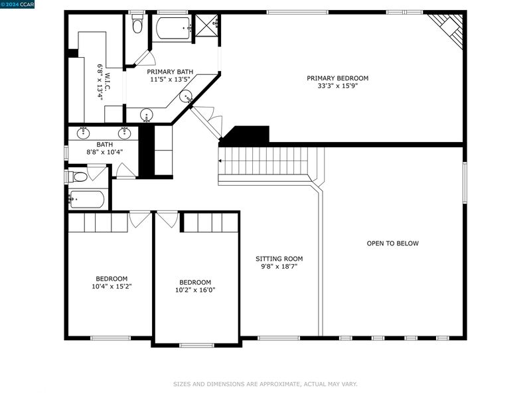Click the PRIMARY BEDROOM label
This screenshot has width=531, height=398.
coord(337,78)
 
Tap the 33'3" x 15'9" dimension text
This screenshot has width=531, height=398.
coord(337,86)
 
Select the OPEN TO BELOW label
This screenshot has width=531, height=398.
coord(392,243)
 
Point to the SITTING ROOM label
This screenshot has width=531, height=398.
coord(279,259)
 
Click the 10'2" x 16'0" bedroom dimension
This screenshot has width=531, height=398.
coord(195,290)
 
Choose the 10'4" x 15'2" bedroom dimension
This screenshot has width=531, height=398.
coord(112,287)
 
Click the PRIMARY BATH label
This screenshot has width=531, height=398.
coord(170,72)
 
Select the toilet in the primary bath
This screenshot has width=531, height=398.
coord(137,23)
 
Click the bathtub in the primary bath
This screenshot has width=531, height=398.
coord(173,28)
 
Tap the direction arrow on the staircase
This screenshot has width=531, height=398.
coord(220,161)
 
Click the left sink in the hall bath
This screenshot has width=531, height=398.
coord(83,133)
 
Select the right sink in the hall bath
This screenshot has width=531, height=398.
coord(124,133)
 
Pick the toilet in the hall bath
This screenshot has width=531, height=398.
coord(77,176)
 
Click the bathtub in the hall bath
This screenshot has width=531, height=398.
coord(87,200)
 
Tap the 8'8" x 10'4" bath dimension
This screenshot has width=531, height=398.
coord(105,153)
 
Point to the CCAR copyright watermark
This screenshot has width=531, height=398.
coord(17,4)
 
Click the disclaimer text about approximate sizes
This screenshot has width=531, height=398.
coord(265,384)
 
